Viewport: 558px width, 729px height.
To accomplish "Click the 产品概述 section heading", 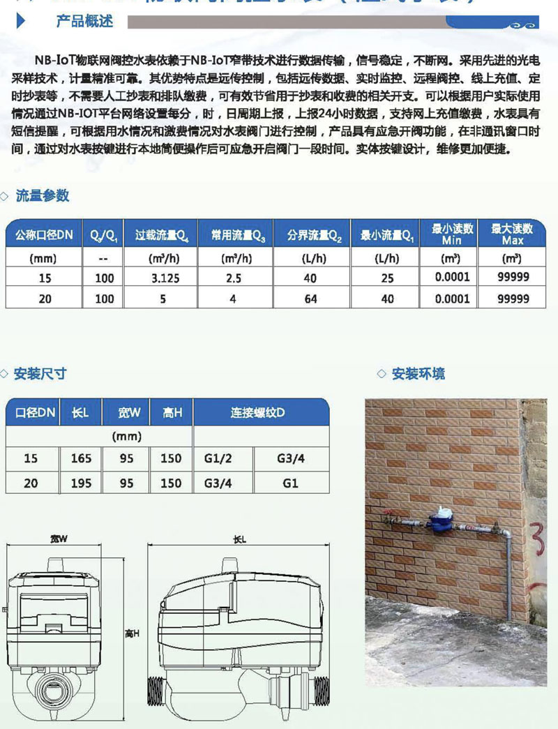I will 84,22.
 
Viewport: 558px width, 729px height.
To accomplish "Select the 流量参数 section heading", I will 43,196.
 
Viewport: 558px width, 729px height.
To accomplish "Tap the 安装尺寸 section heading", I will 40,373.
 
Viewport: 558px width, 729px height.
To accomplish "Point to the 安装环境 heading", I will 418,373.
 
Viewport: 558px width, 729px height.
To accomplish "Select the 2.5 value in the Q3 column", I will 234,278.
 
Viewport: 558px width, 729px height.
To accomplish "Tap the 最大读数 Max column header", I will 513,234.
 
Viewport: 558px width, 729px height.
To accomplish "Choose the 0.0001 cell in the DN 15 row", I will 448,278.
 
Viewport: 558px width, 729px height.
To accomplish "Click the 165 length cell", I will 81,458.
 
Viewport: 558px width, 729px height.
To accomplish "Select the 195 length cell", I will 81,483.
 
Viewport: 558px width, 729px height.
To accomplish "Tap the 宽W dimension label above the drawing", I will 58,539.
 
